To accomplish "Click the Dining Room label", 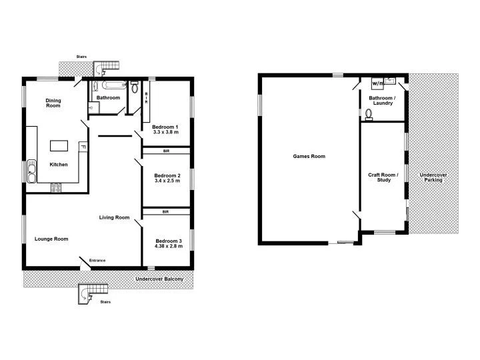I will pos(53,103).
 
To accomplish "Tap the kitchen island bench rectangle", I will pos(59,145).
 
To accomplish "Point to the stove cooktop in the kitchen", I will pos(56,189).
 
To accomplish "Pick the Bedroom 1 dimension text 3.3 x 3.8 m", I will pos(165,132).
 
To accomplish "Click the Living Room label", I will pos(114,217).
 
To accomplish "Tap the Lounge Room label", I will pos(51,239).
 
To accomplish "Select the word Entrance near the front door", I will pos(97,260).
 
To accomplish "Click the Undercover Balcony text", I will pos(159,279).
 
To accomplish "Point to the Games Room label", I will pos(309,157).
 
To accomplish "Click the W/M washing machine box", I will pos(377,83).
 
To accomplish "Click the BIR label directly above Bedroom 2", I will pos(165,151).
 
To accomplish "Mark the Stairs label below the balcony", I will pos(105,302).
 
